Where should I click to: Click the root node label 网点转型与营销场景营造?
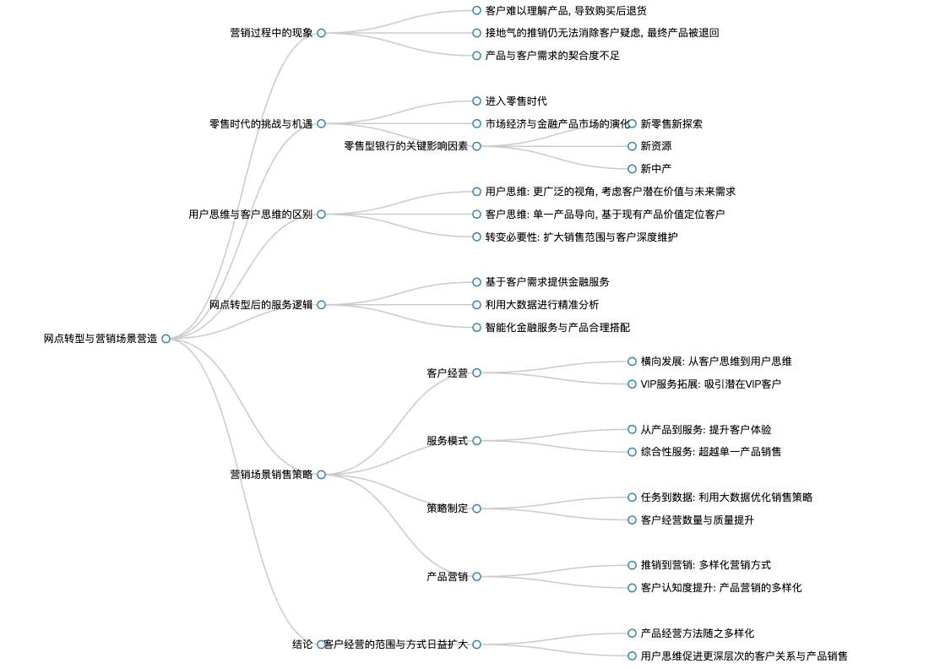point(101,339)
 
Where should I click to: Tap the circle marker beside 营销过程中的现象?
point(321,33)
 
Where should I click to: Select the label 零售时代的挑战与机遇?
point(261,124)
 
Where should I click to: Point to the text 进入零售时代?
point(516,101)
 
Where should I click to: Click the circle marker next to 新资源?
point(632,146)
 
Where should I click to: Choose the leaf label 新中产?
point(656,169)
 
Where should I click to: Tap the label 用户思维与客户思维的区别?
point(251,215)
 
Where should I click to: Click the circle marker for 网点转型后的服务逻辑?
point(321,305)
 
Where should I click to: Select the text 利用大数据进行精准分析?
point(542,305)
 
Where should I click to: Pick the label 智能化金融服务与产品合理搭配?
point(557,328)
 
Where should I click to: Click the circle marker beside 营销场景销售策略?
point(321,475)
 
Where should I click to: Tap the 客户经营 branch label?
point(448,373)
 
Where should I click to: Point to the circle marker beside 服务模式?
point(476,441)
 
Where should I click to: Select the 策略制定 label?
point(448,509)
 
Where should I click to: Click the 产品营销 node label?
point(448,577)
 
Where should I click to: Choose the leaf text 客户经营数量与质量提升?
point(698,520)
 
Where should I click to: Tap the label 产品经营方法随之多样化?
point(698,634)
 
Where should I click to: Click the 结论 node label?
point(302,645)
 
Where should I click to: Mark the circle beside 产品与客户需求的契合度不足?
point(476,56)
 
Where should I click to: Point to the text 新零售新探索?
point(671,124)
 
